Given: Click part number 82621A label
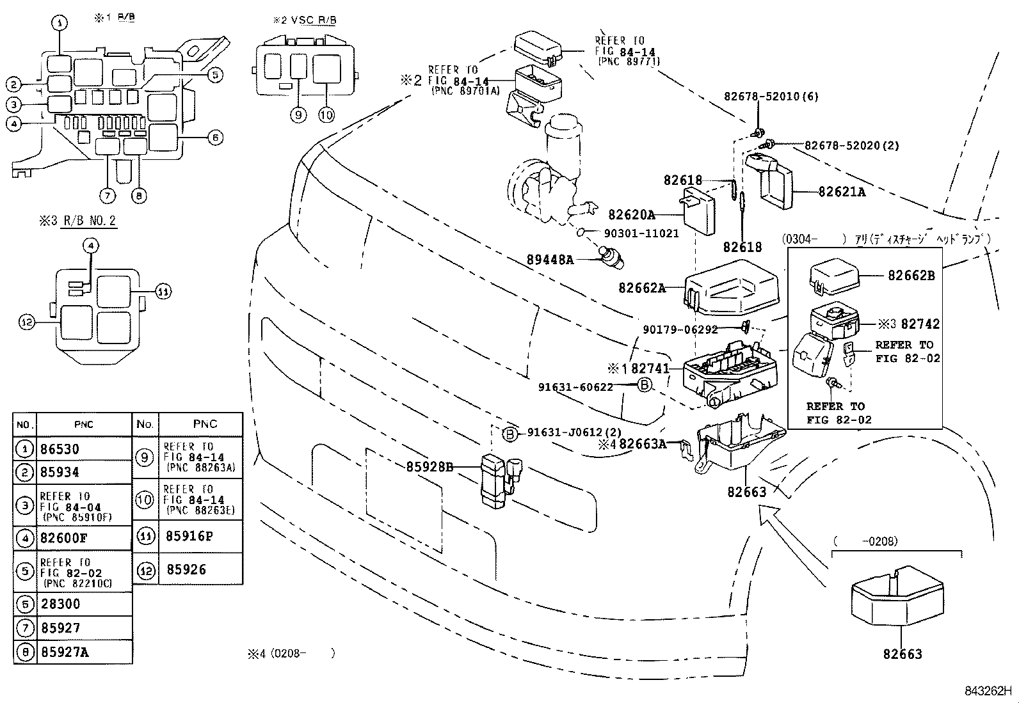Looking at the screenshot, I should coord(841,192).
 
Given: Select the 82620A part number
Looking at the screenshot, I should coord(631,215).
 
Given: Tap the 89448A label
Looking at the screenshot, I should coord(550,260).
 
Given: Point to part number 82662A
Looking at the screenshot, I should coord(641,288).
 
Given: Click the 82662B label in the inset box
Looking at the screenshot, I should coord(911,276).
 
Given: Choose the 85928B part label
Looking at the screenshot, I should coord(429,468).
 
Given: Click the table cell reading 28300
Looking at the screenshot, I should coord(61,604).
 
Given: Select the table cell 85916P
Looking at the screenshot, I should coord(189,536).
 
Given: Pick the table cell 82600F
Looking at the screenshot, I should coord(63,538).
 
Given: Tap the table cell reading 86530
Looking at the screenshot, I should coord(61,449).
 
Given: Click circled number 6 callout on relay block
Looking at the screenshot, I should coord(215,137).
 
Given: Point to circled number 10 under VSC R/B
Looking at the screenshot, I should coord(326,115).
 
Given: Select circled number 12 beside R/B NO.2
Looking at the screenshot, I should coord(26,322).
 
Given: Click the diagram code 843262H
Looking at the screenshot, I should coord(988,691).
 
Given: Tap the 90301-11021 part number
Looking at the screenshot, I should coord(641,233).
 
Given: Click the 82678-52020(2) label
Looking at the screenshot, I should coord(851,146).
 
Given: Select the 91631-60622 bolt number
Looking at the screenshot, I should coord(575,386).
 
